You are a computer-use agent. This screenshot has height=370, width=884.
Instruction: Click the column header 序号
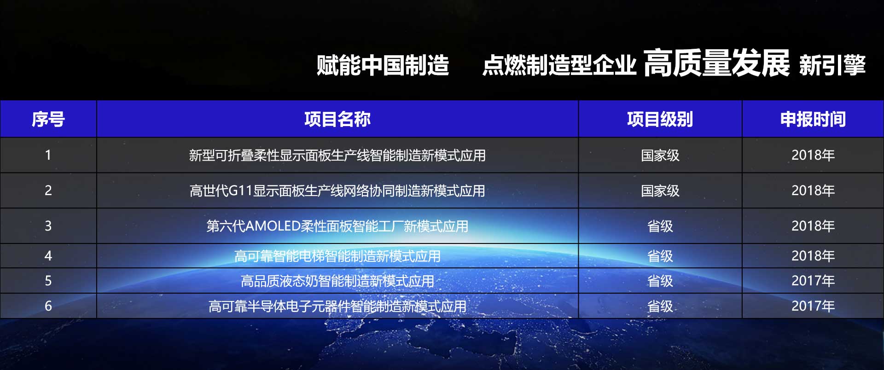pos(48,119)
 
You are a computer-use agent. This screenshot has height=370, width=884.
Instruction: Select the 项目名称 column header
pos(337,119)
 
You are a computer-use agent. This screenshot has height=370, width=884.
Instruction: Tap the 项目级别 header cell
pos(660,119)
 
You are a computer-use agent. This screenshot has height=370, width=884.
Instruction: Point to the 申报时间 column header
pos(813,119)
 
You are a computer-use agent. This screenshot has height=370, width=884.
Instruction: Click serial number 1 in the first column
pos(48,155)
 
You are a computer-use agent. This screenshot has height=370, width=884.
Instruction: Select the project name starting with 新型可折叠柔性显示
pos(337,156)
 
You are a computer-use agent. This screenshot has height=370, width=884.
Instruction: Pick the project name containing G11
pos(337,191)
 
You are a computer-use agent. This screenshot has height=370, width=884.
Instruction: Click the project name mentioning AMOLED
pos(337,226)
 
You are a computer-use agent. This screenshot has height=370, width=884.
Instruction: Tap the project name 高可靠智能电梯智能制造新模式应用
pos(337,256)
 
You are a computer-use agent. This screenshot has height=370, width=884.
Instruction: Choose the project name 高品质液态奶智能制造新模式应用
pos(337,281)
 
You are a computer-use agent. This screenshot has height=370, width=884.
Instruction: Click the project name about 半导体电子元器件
pos(337,306)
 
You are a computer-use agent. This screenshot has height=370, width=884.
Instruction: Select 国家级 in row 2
pos(660,191)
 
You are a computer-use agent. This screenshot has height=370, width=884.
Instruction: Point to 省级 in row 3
pos(660,226)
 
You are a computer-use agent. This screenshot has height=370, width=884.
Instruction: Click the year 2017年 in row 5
pos(813,281)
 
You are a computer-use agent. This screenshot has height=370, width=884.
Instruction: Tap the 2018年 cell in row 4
pos(813,256)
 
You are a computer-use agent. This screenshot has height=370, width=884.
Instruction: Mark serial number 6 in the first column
pos(48,306)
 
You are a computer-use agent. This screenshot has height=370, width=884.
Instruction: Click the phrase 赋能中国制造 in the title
pos(383,65)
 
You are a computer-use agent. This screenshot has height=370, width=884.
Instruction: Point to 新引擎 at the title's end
pos(832,65)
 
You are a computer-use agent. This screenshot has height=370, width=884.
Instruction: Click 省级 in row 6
pos(660,306)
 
